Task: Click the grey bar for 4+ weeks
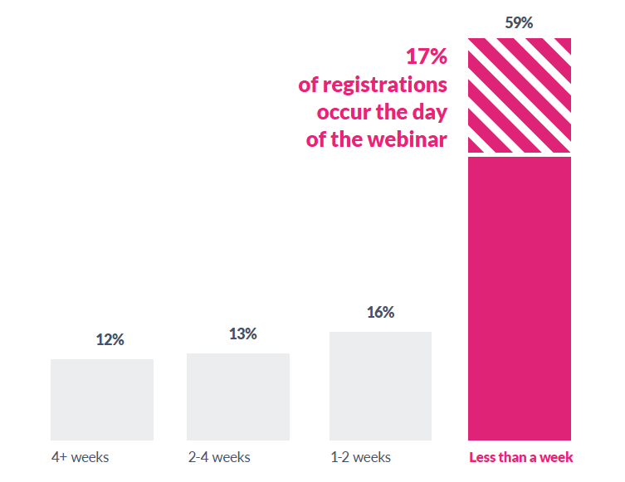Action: tap(102, 400)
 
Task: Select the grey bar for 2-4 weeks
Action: tap(238, 397)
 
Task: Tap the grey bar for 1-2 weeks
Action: tap(380, 386)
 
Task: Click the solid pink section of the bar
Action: tap(519, 299)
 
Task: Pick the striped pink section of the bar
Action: tap(519, 95)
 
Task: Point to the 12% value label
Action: tap(110, 339)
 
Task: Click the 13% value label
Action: tap(242, 334)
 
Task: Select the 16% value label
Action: tap(380, 312)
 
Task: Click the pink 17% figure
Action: tap(426, 57)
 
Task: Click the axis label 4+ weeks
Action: tap(80, 457)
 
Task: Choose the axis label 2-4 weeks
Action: tap(218, 457)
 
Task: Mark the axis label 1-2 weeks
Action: tap(360, 457)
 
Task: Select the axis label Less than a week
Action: tap(520, 457)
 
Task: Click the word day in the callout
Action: tap(428, 112)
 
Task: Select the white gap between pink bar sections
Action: tap(519, 154)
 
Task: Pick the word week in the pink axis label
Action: tap(559, 457)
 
